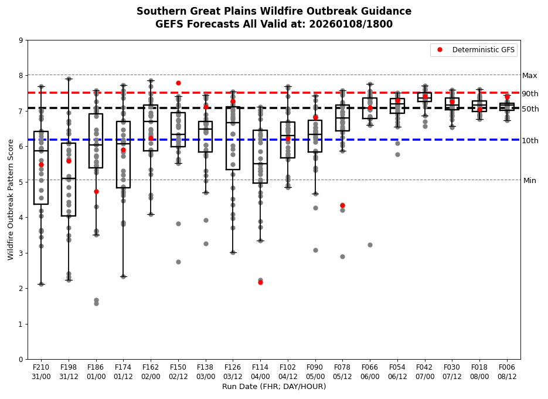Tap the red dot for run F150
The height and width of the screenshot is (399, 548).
tap(178, 83)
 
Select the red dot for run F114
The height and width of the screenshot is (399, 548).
tap(260, 282)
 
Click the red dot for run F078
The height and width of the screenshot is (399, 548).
tap(342, 205)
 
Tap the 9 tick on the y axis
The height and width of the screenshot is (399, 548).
tap(21, 40)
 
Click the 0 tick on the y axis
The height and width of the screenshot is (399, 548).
tap(21, 359)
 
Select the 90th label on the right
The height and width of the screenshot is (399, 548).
tap(530, 94)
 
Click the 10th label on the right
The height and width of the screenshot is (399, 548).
tap(530, 141)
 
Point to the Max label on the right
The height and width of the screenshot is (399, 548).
tap(529, 76)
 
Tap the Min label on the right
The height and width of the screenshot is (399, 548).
tap(529, 181)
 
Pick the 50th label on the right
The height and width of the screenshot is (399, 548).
tap(530, 109)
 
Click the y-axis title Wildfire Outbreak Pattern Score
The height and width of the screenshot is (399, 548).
tap(11, 199)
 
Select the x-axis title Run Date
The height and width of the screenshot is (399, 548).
tap(274, 387)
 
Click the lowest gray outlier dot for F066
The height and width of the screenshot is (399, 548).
tap(370, 245)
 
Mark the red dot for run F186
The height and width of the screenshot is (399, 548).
tap(96, 191)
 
